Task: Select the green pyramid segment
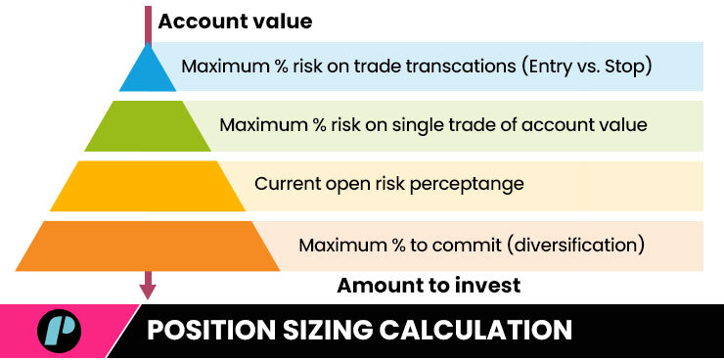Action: tap(148, 126)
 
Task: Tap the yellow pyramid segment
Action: tap(148, 186)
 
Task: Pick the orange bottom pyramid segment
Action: tap(148, 246)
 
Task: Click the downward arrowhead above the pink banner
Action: tap(148, 292)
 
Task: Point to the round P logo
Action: tap(59, 331)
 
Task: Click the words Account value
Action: tap(235, 22)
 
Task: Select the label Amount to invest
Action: tap(429, 286)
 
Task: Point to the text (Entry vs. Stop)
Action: tap(587, 67)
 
